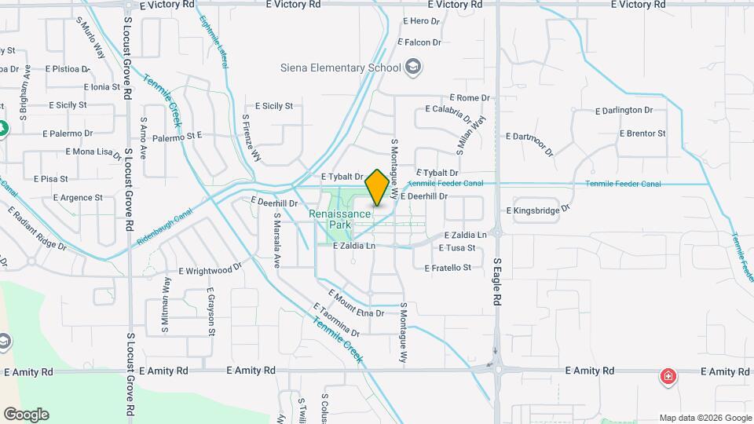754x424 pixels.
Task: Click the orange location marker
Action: [377, 187]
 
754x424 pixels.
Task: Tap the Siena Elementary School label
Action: [341, 68]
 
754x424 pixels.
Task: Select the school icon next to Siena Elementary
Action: [413, 68]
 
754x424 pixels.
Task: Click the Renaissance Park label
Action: [339, 219]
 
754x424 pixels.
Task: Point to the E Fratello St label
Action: [448, 268]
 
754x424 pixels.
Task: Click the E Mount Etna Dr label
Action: [357, 305]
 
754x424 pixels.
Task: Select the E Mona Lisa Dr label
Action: [93, 152]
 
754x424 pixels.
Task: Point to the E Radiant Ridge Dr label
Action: [38, 230]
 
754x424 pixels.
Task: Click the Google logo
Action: [26, 415]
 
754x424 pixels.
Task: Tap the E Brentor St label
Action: [642, 133]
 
